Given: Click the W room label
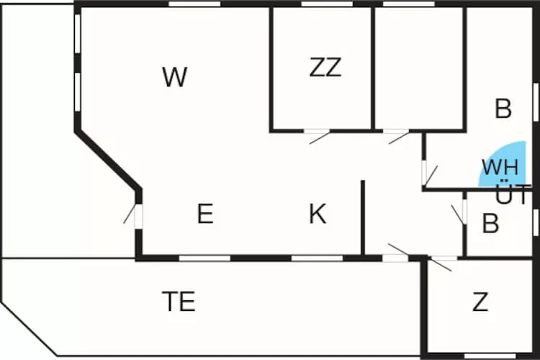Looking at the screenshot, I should pyautogui.click(x=175, y=77).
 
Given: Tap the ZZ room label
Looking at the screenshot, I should pyautogui.click(x=325, y=68).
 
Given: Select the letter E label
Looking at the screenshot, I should pyautogui.click(x=205, y=214).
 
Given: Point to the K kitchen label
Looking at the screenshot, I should pyautogui.click(x=318, y=214).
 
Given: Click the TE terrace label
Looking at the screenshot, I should pyautogui.click(x=179, y=302).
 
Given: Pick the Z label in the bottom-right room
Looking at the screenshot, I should pyautogui.click(x=480, y=302).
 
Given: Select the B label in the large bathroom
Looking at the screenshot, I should pyautogui.click(x=503, y=109).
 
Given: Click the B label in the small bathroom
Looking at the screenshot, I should pyautogui.click(x=490, y=224).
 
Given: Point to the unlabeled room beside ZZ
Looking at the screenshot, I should pyautogui.click(x=419, y=68).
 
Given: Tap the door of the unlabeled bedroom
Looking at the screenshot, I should pyautogui.click(x=397, y=135).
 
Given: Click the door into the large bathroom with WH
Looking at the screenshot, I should pyautogui.click(x=428, y=173).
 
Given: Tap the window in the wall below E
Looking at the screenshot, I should pyautogui.click(x=204, y=257).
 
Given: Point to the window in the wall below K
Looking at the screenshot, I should pyautogui.click(x=317, y=257).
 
